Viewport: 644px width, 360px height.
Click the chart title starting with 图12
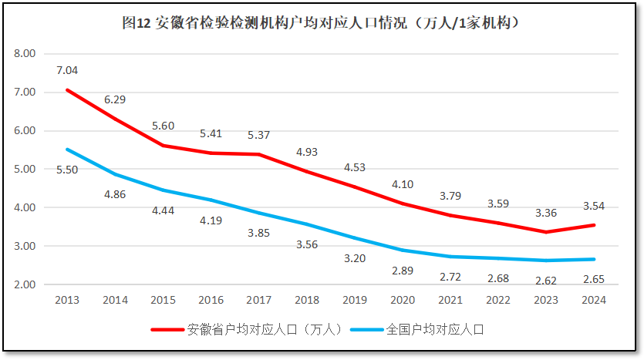321,23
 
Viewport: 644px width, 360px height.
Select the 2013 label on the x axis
67,300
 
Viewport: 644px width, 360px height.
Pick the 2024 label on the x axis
595,300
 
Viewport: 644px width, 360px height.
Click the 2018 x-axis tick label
307,300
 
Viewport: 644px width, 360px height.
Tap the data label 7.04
67,70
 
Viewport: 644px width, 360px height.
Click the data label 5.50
67,170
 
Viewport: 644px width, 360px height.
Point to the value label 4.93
307,152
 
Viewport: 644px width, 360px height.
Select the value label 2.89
403,271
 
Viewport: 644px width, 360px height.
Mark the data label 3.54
595,206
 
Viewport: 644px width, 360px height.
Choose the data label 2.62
547,281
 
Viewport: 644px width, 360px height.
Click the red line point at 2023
547,232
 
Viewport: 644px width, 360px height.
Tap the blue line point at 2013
67,150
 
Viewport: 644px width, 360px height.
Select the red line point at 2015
163,146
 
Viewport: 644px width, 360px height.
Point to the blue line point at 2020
403,250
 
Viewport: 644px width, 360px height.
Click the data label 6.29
115,99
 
